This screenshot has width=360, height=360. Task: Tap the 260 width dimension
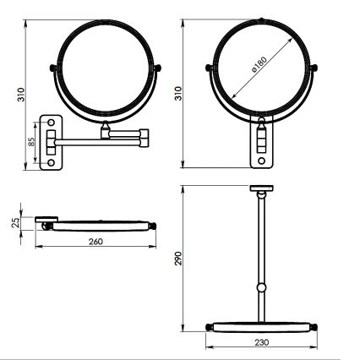tap(95, 243)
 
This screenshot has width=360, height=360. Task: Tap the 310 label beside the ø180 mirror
tap(178, 94)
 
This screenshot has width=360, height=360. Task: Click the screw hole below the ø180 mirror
tap(262, 157)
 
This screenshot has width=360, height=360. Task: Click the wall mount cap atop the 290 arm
tap(262, 189)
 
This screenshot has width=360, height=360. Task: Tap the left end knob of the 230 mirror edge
tap(208, 325)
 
